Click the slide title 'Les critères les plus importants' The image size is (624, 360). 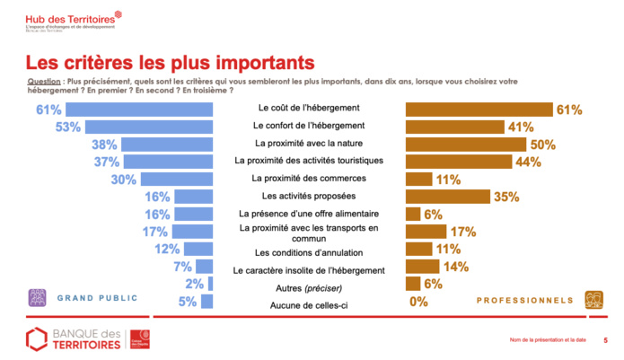click(x=170, y=63)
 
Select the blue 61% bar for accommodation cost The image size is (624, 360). click(x=140, y=110)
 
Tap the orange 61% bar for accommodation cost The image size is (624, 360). click(x=479, y=110)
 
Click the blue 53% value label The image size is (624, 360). click(x=69, y=127)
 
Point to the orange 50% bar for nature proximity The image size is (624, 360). click(x=465, y=144)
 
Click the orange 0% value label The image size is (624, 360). click(x=418, y=303)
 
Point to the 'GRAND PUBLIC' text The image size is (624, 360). click(x=98, y=297)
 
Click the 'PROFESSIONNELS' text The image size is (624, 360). click(x=524, y=300)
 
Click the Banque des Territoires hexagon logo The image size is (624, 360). click(x=37, y=339)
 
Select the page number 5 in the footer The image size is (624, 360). click(x=604, y=340)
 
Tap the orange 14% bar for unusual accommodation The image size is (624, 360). click(x=422, y=266)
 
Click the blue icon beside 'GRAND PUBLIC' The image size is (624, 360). click(x=39, y=297)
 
